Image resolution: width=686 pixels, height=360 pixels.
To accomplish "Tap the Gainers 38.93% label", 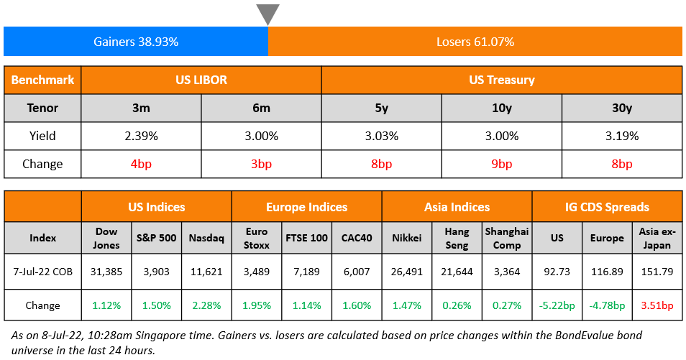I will pyautogui.click(x=136, y=42).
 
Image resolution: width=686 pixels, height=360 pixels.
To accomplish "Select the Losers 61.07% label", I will pyautogui.click(x=475, y=42).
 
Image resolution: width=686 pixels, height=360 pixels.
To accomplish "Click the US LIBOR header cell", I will pyautogui.click(x=201, y=80).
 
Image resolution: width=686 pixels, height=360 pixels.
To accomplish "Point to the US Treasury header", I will pyautogui.click(x=501, y=80).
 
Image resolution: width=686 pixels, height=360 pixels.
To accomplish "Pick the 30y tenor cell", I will pyautogui.click(x=621, y=108).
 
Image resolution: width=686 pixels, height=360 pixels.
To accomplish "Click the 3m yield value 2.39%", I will pyautogui.click(x=141, y=136).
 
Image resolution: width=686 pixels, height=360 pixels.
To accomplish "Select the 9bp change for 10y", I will pyautogui.click(x=500, y=164).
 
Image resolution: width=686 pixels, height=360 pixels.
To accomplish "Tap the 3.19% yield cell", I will pyautogui.click(x=621, y=136).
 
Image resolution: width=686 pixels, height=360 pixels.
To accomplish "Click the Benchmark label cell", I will pyautogui.click(x=42, y=80).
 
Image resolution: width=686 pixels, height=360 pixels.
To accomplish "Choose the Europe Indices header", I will pyautogui.click(x=306, y=207).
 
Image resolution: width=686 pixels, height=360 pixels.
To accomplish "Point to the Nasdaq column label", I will pyautogui.click(x=206, y=238).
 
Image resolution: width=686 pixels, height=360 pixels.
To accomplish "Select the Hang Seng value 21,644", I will pyautogui.click(x=457, y=272).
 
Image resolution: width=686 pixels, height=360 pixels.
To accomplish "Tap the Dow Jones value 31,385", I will pyautogui.click(x=106, y=272).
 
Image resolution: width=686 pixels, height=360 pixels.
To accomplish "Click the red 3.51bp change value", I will pyautogui.click(x=656, y=305).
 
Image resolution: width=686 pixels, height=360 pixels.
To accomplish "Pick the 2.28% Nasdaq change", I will pyautogui.click(x=206, y=305).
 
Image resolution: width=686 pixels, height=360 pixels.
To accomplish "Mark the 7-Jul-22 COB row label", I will pyautogui.click(x=42, y=272).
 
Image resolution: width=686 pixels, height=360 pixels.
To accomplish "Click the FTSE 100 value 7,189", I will pyautogui.click(x=307, y=272).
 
